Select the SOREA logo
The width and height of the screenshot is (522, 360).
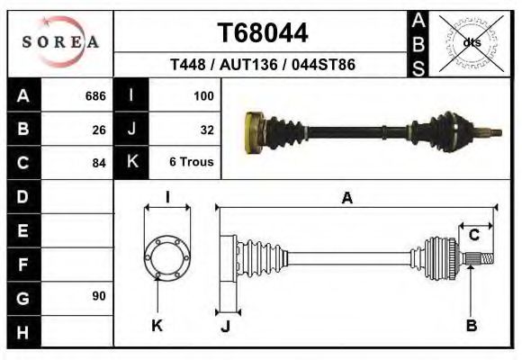60,42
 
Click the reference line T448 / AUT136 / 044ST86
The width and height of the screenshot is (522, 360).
262,66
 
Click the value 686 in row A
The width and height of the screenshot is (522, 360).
94,96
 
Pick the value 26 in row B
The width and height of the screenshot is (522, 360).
99,130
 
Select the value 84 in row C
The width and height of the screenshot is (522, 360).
99,163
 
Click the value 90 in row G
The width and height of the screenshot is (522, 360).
99,296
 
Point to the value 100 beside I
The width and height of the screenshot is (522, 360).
202,96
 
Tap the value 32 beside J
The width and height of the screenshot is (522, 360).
206,130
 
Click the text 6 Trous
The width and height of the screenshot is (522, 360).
192,163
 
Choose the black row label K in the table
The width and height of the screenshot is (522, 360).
131,163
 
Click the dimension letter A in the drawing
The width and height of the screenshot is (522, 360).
346,199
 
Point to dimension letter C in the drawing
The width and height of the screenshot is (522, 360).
473,235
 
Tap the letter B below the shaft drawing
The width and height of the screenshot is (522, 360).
471,325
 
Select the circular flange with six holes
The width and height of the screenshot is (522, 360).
166,256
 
